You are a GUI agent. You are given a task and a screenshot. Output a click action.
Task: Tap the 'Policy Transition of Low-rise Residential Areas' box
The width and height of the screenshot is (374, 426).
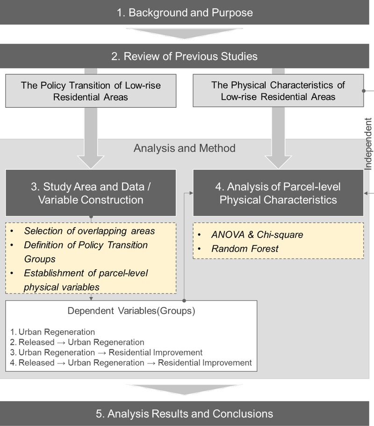pos(91,91)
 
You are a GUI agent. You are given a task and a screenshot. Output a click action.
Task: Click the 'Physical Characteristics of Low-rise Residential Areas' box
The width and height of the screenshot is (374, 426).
pos(278,91)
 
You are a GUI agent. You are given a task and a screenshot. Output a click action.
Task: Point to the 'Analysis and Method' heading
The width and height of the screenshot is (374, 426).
pos(184,148)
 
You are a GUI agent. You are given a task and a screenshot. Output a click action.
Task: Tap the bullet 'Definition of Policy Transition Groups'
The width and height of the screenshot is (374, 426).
pos(86,251)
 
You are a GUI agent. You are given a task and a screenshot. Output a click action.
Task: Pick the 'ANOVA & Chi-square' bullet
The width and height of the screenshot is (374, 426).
pos(257,235)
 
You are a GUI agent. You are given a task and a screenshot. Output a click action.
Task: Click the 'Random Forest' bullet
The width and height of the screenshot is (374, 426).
pos(245,249)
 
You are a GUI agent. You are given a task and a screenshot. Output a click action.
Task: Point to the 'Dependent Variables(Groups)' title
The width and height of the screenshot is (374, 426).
pos(131,311)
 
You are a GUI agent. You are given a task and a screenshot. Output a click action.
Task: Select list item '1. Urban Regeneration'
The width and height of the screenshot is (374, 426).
pos(52,332)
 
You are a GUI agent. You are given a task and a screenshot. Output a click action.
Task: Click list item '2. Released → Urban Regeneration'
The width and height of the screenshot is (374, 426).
pos(77,342)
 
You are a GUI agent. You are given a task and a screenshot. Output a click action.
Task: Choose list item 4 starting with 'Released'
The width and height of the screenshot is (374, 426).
pos(131,362)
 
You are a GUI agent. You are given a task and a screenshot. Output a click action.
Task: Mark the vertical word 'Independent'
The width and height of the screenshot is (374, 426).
pos(368,145)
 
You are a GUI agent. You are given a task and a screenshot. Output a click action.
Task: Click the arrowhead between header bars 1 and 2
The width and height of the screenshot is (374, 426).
pos(185,35)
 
